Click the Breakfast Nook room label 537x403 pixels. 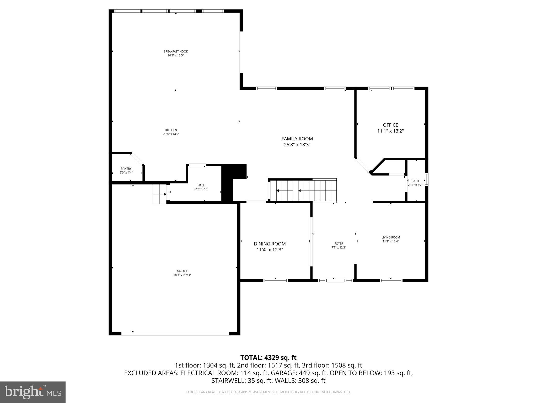pos(176,51)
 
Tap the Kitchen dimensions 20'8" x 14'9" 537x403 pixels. pos(171,134)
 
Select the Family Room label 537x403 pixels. pos(297,139)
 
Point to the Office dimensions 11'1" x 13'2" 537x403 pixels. pos(390,131)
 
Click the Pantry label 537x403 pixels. pos(126,169)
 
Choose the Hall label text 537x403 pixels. pos(201,185)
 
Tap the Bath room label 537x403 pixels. pos(415,181)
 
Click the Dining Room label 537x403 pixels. pos(270,244)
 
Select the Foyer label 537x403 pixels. pos(339,243)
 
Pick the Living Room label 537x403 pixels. pos(390,237)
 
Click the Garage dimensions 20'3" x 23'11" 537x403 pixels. pos(182,275)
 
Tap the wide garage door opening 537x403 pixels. pos(175,333)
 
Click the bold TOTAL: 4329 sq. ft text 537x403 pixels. pos(268,358)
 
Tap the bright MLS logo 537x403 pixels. pos(33,392)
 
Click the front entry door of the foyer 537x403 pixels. pos(336,280)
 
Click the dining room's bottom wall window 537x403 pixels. pos(275,280)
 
